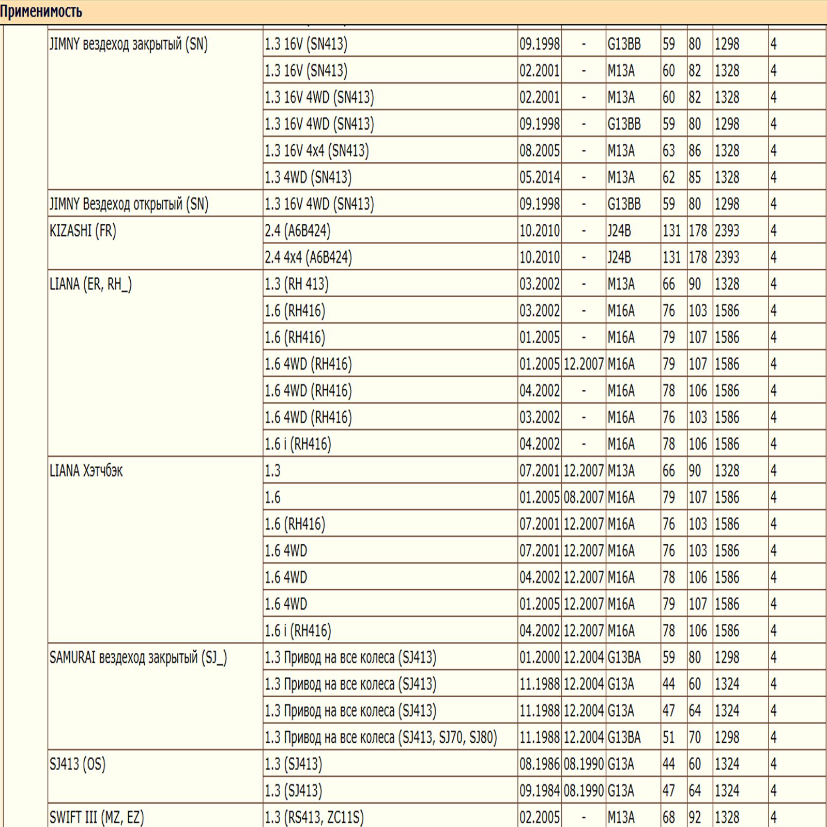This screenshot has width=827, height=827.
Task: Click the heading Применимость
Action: point(41,11)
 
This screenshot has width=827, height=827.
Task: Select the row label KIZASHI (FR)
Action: point(83,231)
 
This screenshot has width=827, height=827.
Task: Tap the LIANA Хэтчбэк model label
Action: point(86,471)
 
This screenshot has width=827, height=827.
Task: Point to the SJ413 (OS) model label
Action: point(78,764)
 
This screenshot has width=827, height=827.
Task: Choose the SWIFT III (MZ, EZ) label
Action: point(97,817)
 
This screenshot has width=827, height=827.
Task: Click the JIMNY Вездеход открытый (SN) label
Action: point(129,204)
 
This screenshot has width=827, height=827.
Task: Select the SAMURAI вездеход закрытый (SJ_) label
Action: point(138,657)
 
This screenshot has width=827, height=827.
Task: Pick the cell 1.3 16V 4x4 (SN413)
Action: point(317,151)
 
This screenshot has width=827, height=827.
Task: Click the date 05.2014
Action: point(540,177)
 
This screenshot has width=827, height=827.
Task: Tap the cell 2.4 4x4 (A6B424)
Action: point(308,257)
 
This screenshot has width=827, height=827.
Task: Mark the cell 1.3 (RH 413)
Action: point(297,284)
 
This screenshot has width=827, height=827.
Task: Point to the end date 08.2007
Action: point(584,498)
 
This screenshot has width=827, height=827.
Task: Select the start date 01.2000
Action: point(540,657)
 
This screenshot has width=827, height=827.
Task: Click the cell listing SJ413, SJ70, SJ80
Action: point(381,738)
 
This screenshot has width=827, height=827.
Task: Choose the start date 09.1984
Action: point(540,791)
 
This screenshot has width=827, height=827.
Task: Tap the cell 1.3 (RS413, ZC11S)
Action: point(314,817)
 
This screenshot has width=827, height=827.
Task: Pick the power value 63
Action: point(669,151)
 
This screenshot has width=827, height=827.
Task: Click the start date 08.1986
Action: point(540,764)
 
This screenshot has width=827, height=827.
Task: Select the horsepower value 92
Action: point(695,817)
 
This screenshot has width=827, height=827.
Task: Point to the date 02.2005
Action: point(540,817)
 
